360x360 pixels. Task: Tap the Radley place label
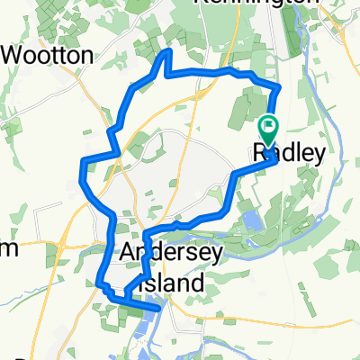point(288,154)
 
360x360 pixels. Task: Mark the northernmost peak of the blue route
point(165,53)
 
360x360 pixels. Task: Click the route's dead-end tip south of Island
point(159,308)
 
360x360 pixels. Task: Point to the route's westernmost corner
point(82,163)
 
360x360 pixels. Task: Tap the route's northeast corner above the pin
point(280,86)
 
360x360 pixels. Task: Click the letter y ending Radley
point(316,156)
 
